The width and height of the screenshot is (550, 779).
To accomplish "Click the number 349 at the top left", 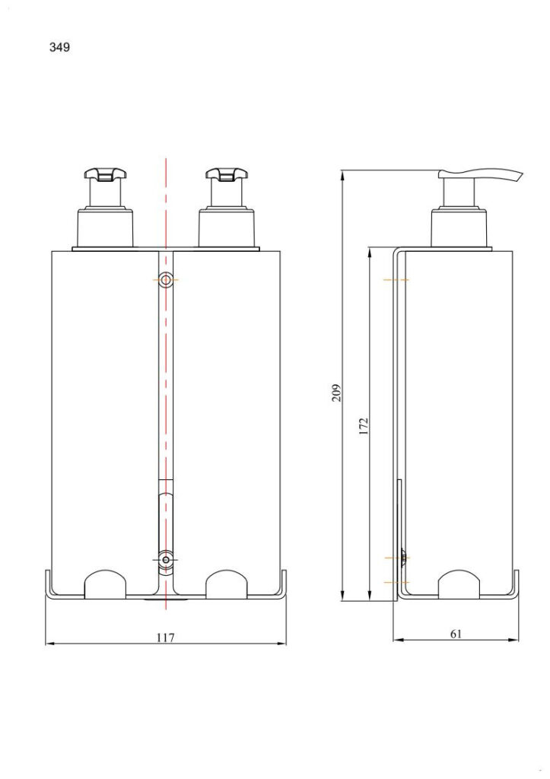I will click(59, 47).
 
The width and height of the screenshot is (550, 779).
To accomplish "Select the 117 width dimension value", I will click(165, 638).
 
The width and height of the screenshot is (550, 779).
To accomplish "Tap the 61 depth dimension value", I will click(456, 634).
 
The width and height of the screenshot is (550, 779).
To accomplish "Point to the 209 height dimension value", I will click(336, 392).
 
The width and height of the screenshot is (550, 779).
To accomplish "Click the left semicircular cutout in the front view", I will click(104, 583).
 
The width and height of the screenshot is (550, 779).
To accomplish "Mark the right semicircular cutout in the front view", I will click(226, 583).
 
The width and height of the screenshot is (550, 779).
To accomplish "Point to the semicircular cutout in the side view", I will click(459, 583).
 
